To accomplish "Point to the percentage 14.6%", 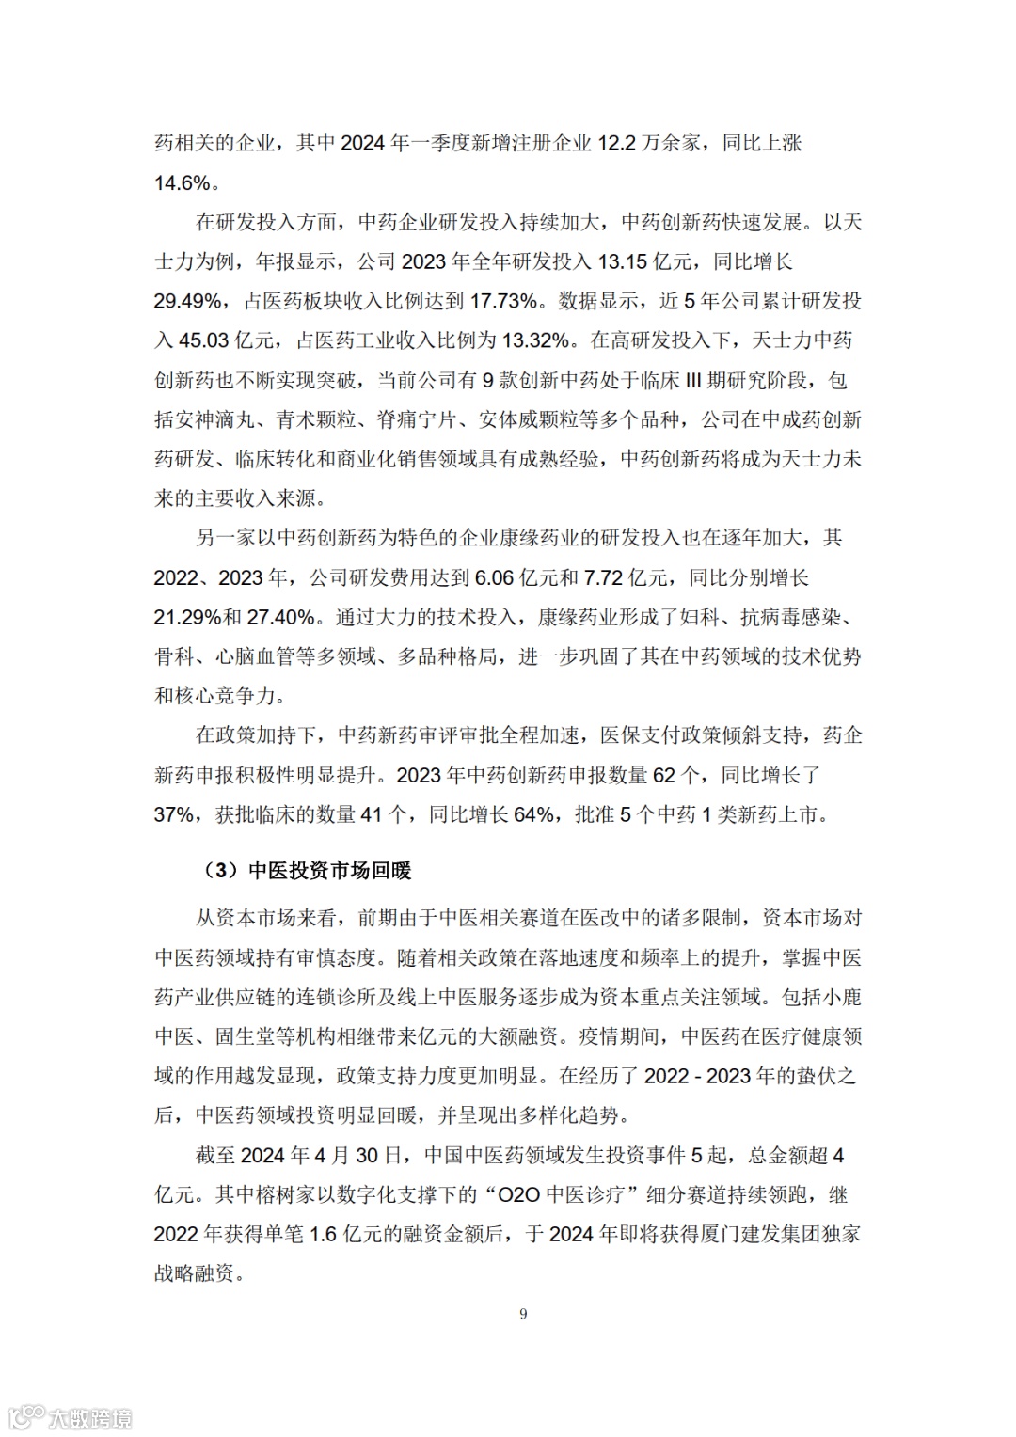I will (x=183, y=182).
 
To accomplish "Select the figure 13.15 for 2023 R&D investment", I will (x=623, y=261).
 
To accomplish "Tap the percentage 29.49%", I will (x=188, y=301).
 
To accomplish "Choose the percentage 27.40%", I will (x=281, y=617).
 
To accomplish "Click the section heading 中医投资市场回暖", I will (x=330, y=871).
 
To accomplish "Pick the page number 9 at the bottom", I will (x=523, y=1314).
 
